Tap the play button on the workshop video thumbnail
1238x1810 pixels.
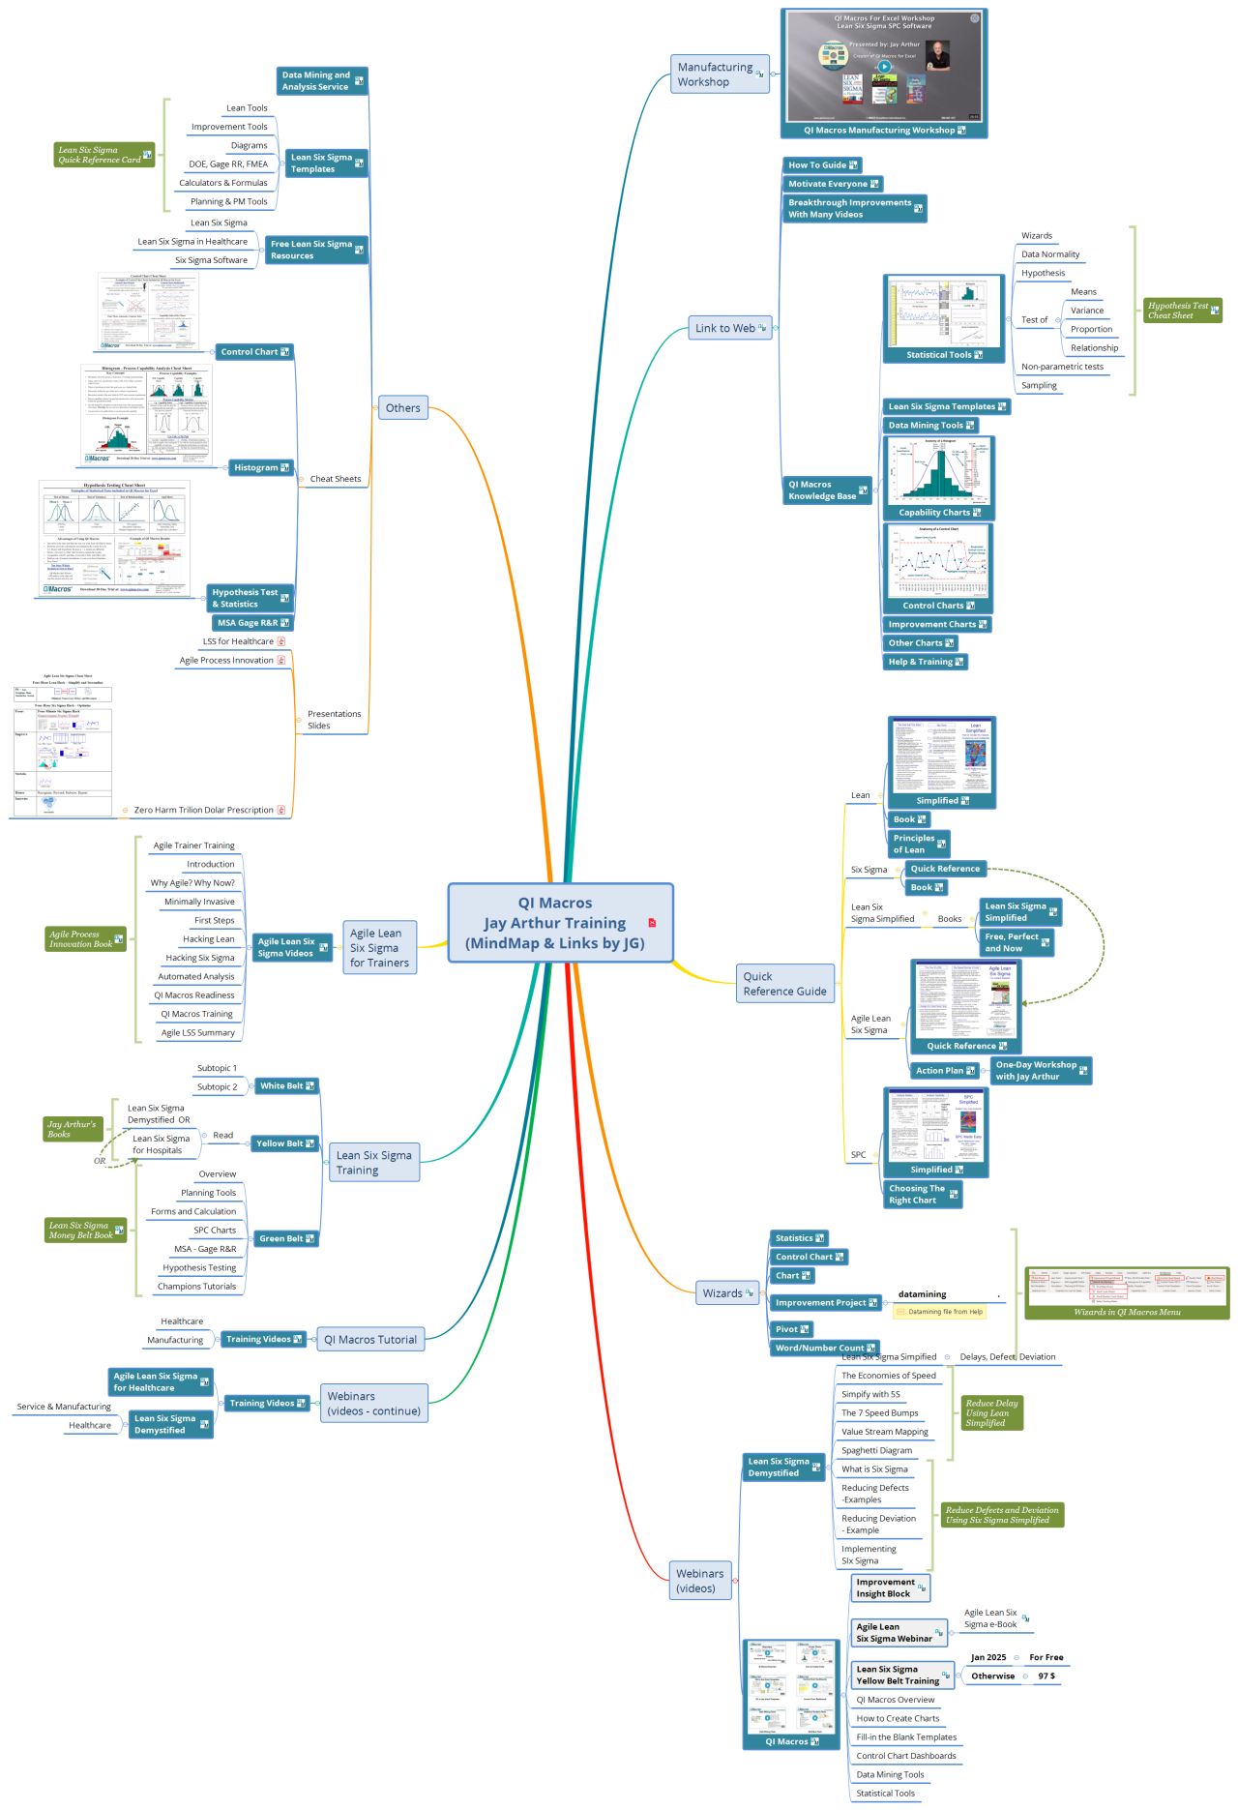click(884, 67)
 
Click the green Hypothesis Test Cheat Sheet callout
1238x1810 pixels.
click(1182, 311)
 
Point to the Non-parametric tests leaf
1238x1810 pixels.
click(1061, 367)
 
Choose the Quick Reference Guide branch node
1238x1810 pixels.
click(784, 983)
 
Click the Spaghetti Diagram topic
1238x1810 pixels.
click(876, 1450)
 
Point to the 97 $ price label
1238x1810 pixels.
click(1046, 1676)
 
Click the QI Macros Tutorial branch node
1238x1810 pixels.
click(370, 1340)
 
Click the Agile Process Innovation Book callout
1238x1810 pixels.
click(85, 938)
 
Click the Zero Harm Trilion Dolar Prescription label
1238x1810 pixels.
click(204, 810)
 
